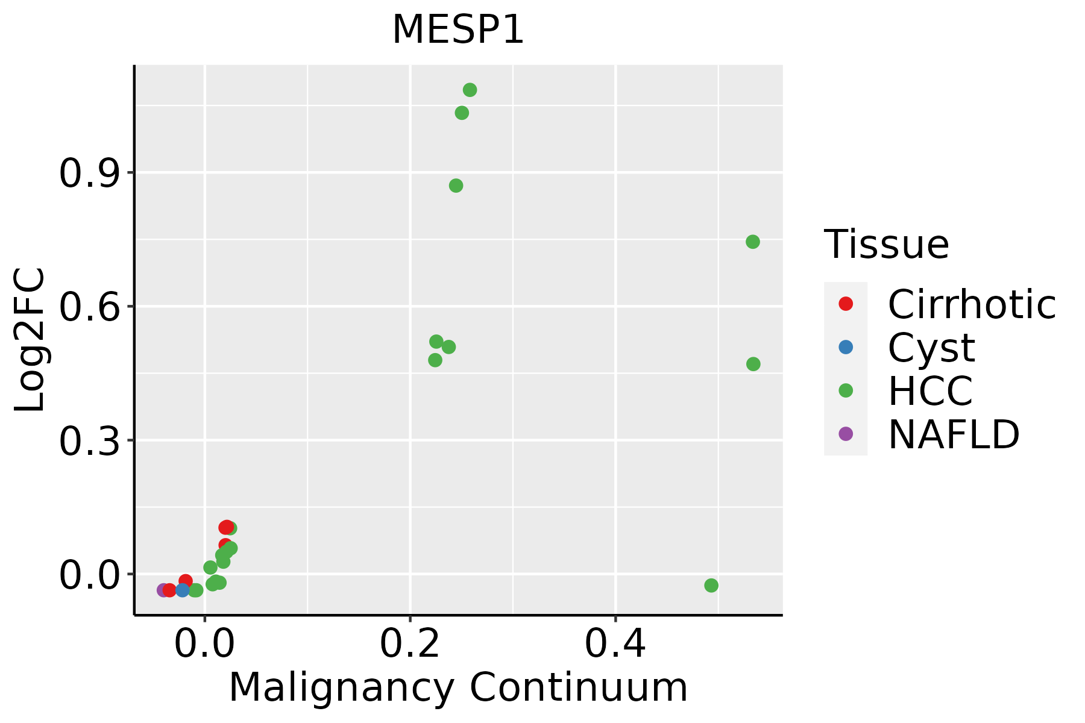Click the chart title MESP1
coord(458,30)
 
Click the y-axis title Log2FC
coord(30,340)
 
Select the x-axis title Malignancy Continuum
coord(458,687)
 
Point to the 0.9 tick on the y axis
coord(90,174)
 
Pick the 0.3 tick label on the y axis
coord(90,441)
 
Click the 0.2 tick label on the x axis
coord(410,644)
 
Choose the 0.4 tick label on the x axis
coord(615,644)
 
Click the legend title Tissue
coord(886,245)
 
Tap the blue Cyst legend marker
coord(846,347)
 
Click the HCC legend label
coord(930,390)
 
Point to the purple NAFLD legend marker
coord(846,433)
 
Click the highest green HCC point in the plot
coord(470,90)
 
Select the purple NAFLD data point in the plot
coord(163,590)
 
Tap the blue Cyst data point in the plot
coord(183,589)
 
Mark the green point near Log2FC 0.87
coord(456,186)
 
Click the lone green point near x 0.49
coord(711,585)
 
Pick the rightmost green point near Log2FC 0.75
coord(752,242)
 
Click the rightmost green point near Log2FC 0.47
coord(753,364)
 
